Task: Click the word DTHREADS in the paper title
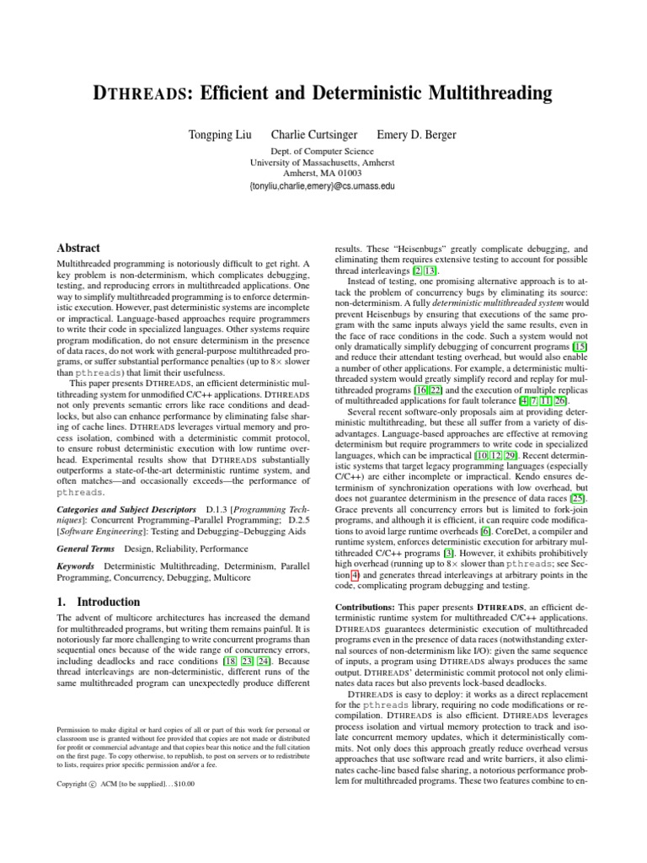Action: point(139,92)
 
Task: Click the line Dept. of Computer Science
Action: point(323,151)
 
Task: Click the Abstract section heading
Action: point(78,249)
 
